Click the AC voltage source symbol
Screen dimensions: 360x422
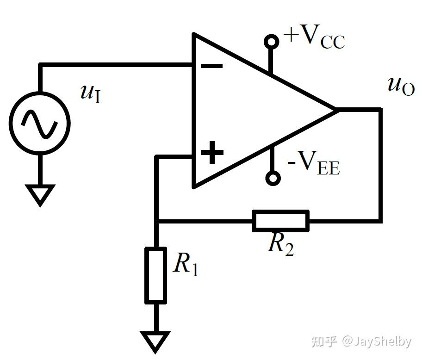[40, 123]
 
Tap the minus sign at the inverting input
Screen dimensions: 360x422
[211, 66]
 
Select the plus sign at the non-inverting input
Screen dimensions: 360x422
[212, 153]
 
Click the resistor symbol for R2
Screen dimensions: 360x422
[280, 220]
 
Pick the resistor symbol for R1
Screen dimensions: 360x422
[156, 275]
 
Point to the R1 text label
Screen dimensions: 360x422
[186, 265]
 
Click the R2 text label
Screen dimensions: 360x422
[280, 244]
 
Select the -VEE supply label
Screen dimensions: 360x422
[314, 164]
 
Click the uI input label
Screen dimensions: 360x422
[90, 93]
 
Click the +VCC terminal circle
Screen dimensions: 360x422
[272, 42]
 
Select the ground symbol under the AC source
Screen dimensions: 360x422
[40, 194]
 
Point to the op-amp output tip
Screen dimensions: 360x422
[335, 110]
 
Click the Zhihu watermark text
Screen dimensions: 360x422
[361, 341]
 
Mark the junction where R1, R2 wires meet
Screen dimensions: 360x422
[156, 221]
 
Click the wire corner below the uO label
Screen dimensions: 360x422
[380, 110]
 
